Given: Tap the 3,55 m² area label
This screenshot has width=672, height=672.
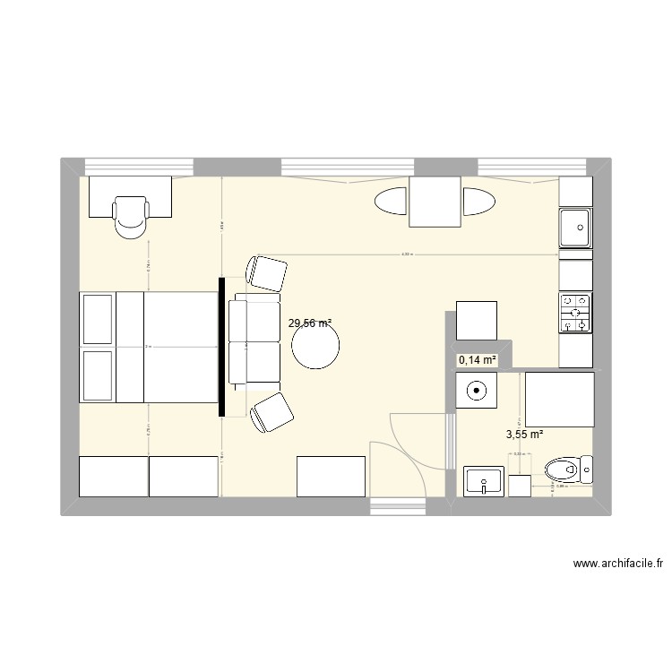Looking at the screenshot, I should click(x=525, y=435).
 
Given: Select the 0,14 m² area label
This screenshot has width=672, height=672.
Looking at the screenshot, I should click(x=477, y=360).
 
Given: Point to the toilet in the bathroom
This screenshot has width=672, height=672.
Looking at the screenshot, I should click(x=568, y=469).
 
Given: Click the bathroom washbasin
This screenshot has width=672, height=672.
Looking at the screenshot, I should click(x=485, y=482).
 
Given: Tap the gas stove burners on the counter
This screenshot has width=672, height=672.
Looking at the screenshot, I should click(x=575, y=313).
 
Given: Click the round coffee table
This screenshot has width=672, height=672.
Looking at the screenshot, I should click(x=315, y=345).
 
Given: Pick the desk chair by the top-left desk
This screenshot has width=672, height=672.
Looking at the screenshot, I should click(x=131, y=217).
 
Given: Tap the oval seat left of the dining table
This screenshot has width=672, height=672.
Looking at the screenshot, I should click(x=391, y=202).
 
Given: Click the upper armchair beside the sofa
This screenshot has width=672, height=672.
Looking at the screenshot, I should click(x=267, y=272).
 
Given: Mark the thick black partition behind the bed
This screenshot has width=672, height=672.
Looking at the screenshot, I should click(x=221, y=347).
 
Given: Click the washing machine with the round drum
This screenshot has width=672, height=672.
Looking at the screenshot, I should click(x=477, y=391).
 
